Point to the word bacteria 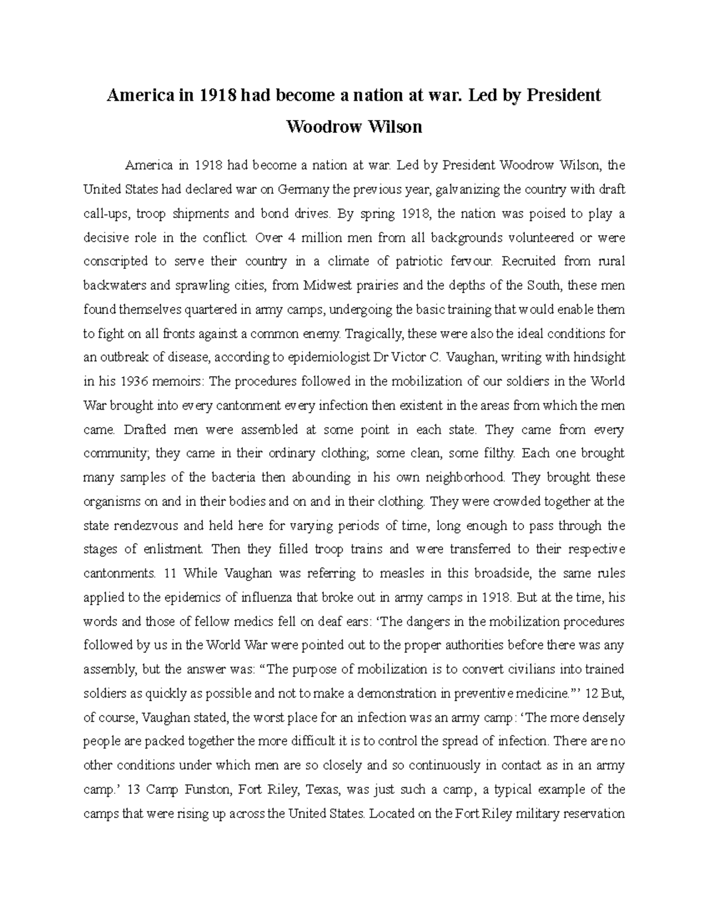(212, 478)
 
